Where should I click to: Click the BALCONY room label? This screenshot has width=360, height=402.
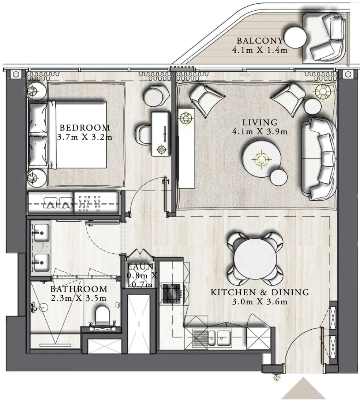[259, 41]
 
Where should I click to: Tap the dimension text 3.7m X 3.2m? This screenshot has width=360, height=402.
[85, 137]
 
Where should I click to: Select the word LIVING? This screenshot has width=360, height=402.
[259, 122]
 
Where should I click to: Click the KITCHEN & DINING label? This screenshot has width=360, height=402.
[260, 292]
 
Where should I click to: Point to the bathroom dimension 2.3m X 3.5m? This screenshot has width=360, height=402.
[79, 298]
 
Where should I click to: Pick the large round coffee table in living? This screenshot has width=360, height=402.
[261, 159]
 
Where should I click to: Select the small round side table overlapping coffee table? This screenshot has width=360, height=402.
[279, 177]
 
